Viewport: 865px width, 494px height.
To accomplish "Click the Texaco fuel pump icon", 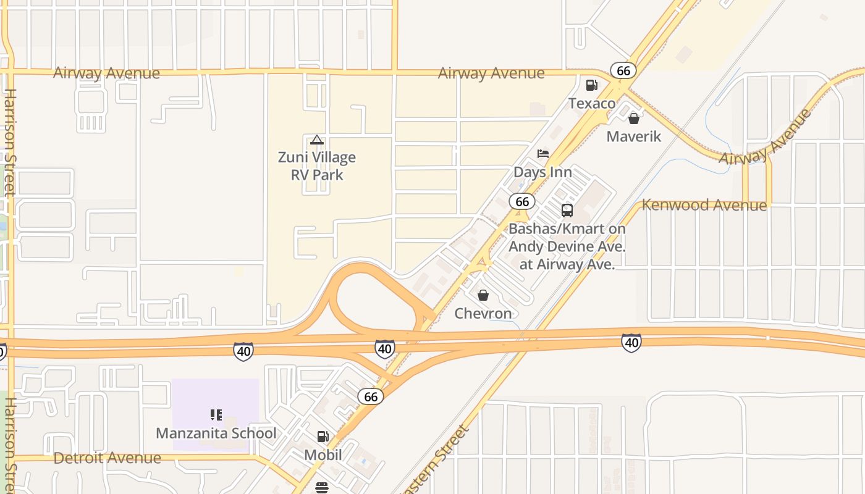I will point(591,85).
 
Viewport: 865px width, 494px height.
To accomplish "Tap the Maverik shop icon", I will point(633,119).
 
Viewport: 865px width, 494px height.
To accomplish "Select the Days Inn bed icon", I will point(543,154).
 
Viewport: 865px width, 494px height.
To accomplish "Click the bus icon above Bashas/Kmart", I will point(567,211).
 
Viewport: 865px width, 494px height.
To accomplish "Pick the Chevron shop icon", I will point(483,295).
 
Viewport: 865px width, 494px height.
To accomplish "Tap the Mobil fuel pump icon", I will point(323,437).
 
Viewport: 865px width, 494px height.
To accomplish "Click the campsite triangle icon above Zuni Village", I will point(317,140).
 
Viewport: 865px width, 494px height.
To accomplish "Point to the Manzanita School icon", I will point(216,414).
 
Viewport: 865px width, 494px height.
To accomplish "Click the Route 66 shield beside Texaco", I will point(623,70).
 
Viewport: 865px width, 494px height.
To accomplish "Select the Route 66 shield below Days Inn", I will point(522,201).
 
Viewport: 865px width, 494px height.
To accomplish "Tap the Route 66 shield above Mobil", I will point(371,396).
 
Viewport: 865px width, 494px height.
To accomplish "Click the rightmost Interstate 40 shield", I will point(631,343).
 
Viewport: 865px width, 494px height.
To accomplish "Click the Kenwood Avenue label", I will point(704,205).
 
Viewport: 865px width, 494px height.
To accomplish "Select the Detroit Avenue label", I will point(108,458).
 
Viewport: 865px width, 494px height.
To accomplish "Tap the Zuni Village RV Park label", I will point(317,166).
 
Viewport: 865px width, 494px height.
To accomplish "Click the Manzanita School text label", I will point(216,433).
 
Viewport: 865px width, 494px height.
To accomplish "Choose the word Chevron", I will point(483,314).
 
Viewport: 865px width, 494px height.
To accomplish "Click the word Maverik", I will point(634,136).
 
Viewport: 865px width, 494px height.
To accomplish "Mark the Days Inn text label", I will point(543,172).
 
